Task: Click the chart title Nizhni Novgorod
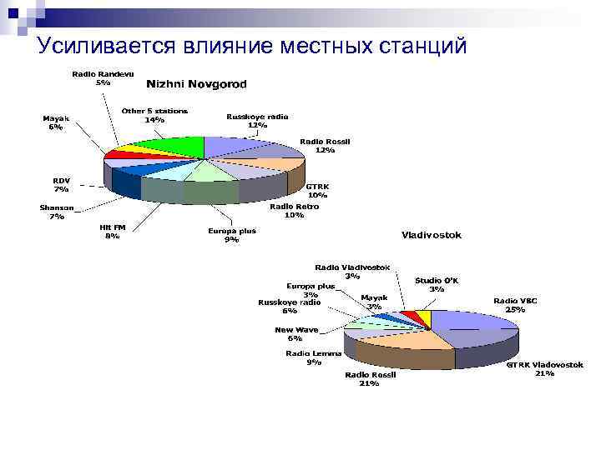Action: [x=196, y=84]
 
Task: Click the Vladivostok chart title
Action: [x=431, y=235]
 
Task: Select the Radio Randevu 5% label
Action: [x=103, y=77]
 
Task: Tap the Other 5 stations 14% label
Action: [x=154, y=115]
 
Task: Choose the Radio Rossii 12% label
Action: [x=325, y=146]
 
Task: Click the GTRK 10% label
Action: [x=317, y=191]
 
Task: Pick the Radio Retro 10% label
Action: [x=294, y=211]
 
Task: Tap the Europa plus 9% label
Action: [x=231, y=235]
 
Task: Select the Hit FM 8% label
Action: [x=112, y=231]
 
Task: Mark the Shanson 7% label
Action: [x=57, y=212]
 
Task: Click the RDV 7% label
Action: [x=62, y=184]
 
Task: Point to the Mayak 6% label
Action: [x=56, y=122]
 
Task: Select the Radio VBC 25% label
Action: [x=515, y=304]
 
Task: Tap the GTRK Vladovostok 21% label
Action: [x=544, y=368]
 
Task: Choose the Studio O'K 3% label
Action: [x=437, y=285]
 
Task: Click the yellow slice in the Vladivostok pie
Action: [x=425, y=319]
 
